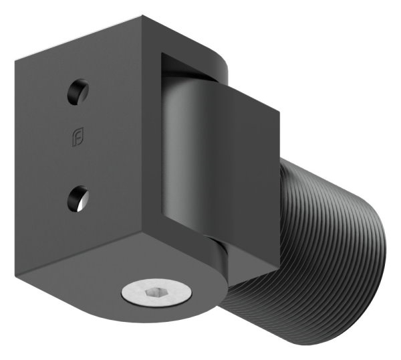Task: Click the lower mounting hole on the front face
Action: [x=78, y=198]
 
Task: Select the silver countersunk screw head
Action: [x=156, y=293]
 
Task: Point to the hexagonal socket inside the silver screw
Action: [x=156, y=293]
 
